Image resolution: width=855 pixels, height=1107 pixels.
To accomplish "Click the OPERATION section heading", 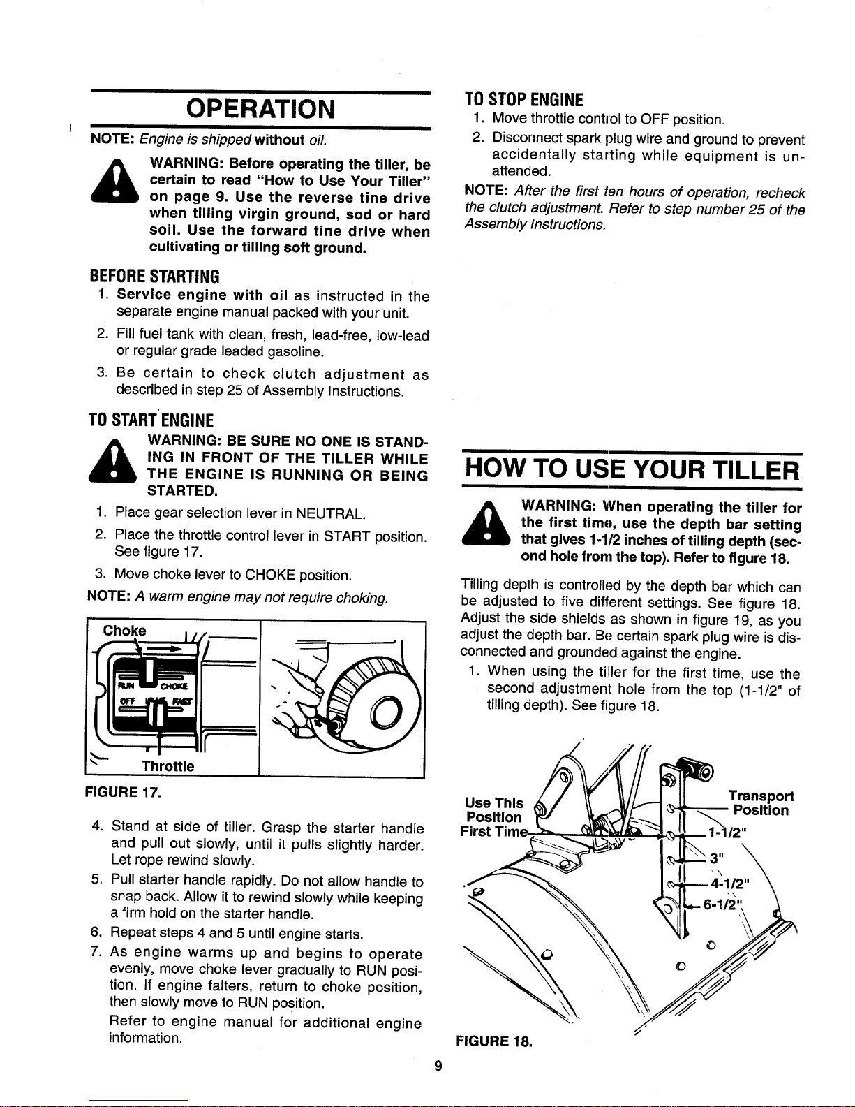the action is pos(260,109).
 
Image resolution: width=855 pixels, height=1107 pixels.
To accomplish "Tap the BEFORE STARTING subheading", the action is pos(155,277).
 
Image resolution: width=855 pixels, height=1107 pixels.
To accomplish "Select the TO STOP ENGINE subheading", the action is pos(523,100).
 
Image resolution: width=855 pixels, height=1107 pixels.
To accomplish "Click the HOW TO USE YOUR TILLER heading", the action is pos(632,470).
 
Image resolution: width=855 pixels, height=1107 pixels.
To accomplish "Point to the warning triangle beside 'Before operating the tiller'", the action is pos(114,182).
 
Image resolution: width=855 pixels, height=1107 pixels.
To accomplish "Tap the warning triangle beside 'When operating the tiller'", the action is pos(486,525).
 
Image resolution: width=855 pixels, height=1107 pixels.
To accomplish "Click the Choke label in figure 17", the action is pos(125,631).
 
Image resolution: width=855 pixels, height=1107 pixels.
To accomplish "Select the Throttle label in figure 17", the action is pos(168,766).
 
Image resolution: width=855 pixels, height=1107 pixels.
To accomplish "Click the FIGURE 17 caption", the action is pos(123,792).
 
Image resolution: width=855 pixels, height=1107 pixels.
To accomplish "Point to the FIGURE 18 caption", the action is pos(494,1041).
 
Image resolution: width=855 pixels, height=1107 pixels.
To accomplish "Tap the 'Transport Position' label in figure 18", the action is pos(761,803).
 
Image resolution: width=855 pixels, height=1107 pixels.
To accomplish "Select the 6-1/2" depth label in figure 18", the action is pos(720,904).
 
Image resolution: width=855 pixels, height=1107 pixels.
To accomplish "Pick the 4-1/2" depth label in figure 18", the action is pos(730,882).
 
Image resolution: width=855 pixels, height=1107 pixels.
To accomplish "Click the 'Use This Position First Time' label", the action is pos(493,817).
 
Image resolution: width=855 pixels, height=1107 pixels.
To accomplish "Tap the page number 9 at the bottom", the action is pos(438,1066).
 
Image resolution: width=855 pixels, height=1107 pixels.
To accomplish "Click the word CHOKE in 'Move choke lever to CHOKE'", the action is pos(270,575).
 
